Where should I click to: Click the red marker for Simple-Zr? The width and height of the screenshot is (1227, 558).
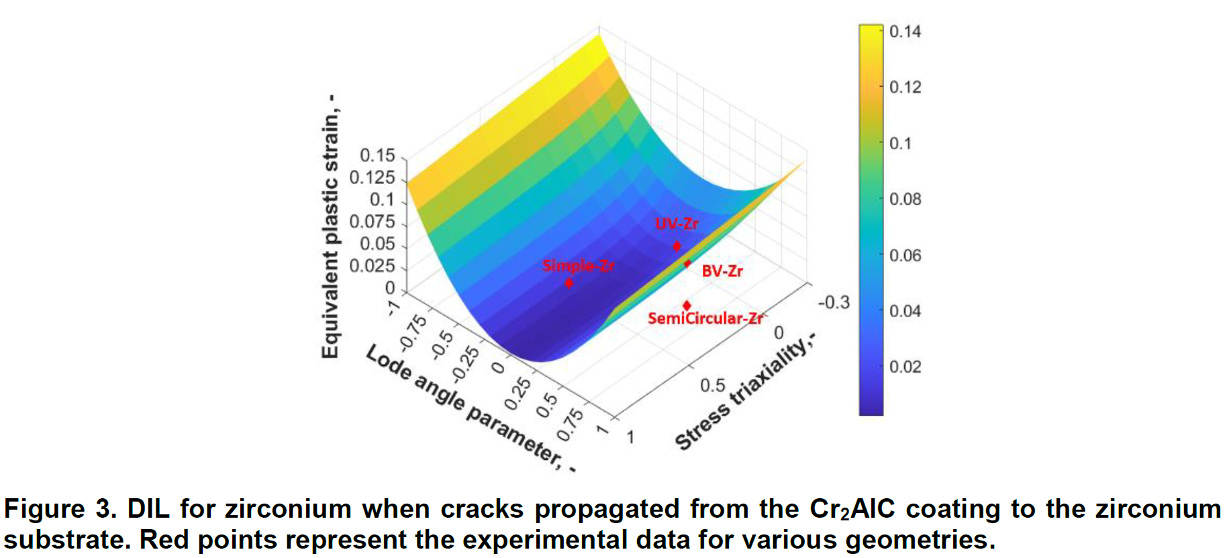coord(569,283)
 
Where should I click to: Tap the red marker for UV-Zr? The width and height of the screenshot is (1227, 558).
coord(677,246)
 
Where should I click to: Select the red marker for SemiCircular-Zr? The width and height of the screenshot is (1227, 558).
coord(687,306)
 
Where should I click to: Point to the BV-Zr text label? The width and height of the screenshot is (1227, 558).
coord(722,271)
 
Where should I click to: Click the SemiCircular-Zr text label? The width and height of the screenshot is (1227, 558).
coord(705,318)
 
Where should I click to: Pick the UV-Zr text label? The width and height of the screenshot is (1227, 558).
coord(677,224)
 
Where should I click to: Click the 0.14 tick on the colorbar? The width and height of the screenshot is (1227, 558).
coord(905,32)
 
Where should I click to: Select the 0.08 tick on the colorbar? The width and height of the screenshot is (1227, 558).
coord(905,199)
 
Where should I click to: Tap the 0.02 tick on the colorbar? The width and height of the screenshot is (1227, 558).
coord(905,367)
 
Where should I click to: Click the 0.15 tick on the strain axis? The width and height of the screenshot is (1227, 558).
coord(377,155)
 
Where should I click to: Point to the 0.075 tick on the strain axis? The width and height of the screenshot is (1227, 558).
coord(372,222)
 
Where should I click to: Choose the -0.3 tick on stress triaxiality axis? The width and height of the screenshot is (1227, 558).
coord(833,302)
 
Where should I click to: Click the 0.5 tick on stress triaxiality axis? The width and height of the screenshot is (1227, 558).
coord(712,385)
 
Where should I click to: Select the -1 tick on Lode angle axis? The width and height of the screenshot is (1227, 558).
coord(393,308)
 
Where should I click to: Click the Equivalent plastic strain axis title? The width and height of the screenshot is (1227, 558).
coord(330,227)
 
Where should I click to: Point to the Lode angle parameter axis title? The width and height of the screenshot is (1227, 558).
coord(470,408)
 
